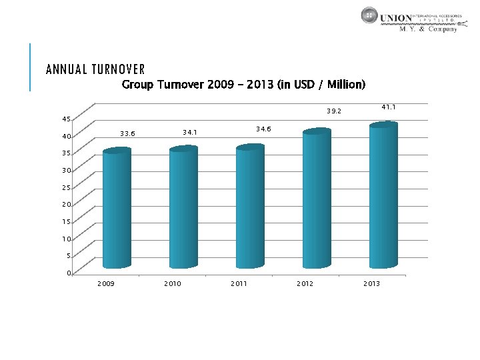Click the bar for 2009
coord(117,209)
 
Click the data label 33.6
coord(127,134)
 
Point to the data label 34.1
coord(190,133)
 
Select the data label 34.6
coord(263,129)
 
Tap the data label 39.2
coord(333,111)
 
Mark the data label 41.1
coord(389,107)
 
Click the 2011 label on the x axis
coord(239,284)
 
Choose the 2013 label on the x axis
coord(371,284)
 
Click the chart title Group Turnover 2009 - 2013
coord(243,85)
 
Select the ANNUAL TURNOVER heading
coord(95,69)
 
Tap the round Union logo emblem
coord(369,16)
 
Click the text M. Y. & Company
coord(427,29)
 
